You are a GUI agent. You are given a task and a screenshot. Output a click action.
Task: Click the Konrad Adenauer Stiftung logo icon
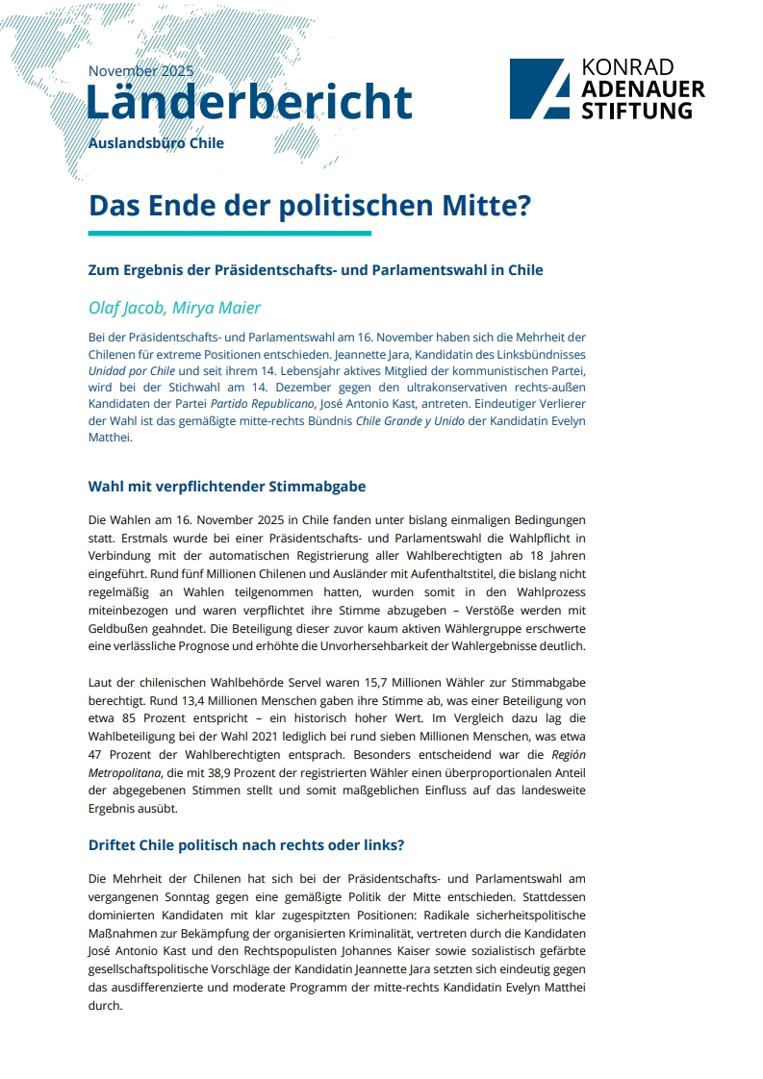click(x=541, y=88)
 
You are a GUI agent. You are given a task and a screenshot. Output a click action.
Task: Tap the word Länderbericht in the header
click(x=249, y=102)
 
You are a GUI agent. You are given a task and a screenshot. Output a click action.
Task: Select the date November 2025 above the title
click(x=140, y=71)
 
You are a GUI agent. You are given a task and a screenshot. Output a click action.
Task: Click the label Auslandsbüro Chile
click(x=156, y=143)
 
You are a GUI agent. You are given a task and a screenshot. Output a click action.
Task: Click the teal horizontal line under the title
click(x=229, y=233)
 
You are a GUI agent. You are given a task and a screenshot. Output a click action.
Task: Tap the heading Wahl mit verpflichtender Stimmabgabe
click(x=227, y=486)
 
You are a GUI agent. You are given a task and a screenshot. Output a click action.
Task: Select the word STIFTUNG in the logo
click(x=636, y=111)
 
